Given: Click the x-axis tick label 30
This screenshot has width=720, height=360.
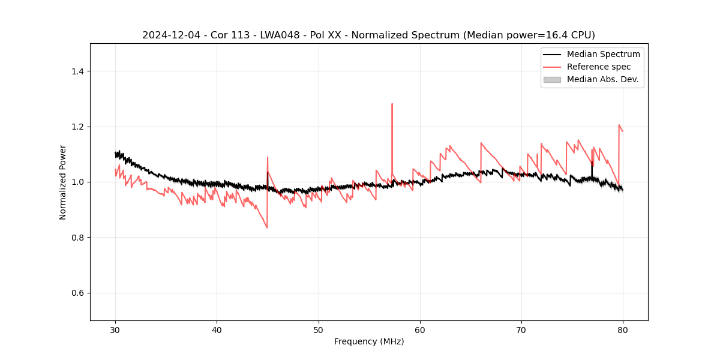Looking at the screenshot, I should pyautogui.click(x=115, y=330).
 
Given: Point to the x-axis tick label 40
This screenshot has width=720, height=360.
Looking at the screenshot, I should pyautogui.click(x=217, y=330).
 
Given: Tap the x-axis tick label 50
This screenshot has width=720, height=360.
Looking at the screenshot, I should pyautogui.click(x=318, y=330).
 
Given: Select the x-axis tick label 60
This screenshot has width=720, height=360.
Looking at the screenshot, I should pyautogui.click(x=419, y=330).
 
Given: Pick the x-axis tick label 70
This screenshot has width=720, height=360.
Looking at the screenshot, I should pyautogui.click(x=521, y=330).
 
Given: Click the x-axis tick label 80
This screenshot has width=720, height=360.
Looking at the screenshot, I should pyautogui.click(x=622, y=330).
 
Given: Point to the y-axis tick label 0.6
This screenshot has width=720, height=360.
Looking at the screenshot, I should pyautogui.click(x=77, y=293).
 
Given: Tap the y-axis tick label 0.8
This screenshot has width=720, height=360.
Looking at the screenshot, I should pyautogui.click(x=77, y=238).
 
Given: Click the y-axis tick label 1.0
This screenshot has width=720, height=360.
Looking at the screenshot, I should pyautogui.click(x=77, y=182).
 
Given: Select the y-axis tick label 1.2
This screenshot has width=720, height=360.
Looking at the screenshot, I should pyautogui.click(x=77, y=127).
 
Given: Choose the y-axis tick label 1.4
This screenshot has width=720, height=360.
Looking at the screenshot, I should pyautogui.click(x=77, y=71).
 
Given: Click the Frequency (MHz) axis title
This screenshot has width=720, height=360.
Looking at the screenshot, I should pyautogui.click(x=369, y=341).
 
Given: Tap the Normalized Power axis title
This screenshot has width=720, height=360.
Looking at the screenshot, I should pyautogui.click(x=62, y=182).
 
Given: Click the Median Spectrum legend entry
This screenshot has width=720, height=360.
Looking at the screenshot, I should pyautogui.click(x=603, y=54).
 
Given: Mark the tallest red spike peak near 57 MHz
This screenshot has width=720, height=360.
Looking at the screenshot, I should pyautogui.click(x=392, y=104).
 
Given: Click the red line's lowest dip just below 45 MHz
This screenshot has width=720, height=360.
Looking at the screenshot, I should pyautogui.click(x=267, y=227).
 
